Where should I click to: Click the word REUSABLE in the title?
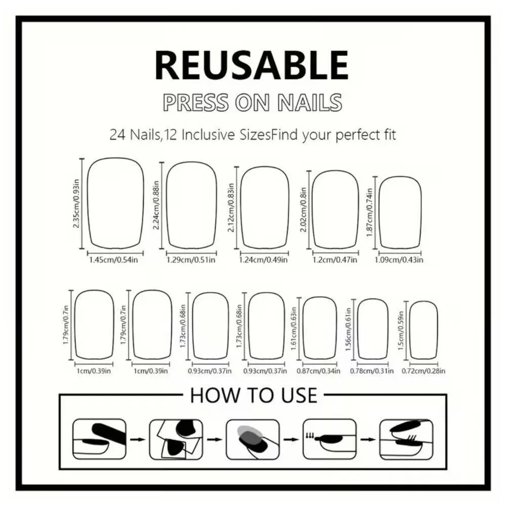tap(251, 65)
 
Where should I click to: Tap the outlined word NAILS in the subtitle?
tap(310, 103)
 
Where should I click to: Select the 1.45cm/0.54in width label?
tap(113, 260)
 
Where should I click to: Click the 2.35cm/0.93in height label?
tap(76, 203)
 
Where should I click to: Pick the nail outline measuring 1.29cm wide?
tap(191, 205)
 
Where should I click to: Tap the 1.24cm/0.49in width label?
tap(263, 260)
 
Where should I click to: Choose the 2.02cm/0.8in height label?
tap(303, 210)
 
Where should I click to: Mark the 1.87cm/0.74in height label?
tap(370, 213)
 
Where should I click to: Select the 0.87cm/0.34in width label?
tap(318, 371)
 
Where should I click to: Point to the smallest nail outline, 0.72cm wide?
tap(424, 330)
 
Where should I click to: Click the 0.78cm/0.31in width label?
tap(372, 371)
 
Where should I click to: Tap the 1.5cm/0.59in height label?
tap(401, 330)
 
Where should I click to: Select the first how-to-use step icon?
tap(99, 439)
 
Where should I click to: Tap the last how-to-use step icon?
tap(406, 439)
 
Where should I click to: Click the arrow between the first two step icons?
tap(138, 440)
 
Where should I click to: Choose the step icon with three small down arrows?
tap(329, 439)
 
